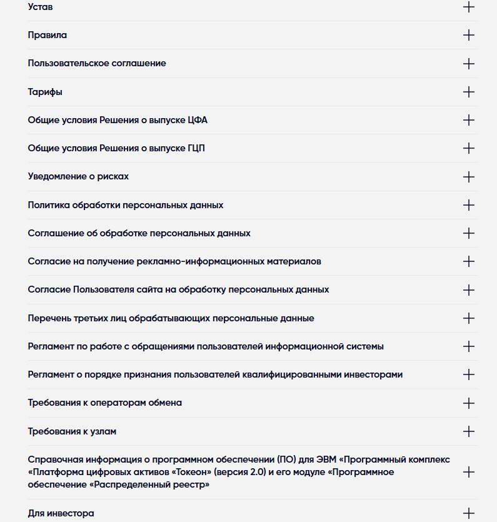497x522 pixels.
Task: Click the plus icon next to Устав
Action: pos(468,7)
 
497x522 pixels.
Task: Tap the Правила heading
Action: pos(48,35)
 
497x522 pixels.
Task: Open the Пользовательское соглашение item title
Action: pos(97,63)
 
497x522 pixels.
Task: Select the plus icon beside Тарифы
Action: pos(468,92)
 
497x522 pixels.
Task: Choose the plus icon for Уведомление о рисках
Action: pos(468,177)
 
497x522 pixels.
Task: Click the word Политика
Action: pos(49,205)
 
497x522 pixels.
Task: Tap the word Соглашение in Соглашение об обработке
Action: pos(54,233)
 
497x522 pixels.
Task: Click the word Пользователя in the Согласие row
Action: pos(100,289)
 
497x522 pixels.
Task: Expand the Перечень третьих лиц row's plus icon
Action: pos(468,318)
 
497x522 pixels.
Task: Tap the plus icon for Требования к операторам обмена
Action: pos(468,403)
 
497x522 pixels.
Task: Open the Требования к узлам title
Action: pos(72,431)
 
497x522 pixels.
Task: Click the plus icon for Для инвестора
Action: pos(468,514)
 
